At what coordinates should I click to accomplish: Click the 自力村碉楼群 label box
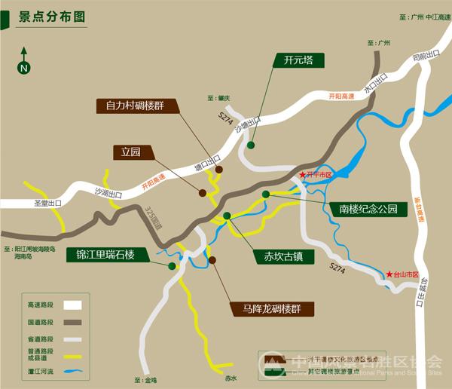point(139,106)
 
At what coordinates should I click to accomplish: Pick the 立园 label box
point(131,152)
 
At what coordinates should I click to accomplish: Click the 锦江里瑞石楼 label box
point(105,254)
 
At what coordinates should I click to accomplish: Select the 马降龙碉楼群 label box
point(267,308)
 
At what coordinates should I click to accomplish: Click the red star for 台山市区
point(389,274)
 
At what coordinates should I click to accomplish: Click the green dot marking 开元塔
point(250,145)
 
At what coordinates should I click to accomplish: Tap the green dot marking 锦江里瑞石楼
point(172,266)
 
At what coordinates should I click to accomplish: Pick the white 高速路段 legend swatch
point(72,305)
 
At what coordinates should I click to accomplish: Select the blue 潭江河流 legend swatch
point(72,371)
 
